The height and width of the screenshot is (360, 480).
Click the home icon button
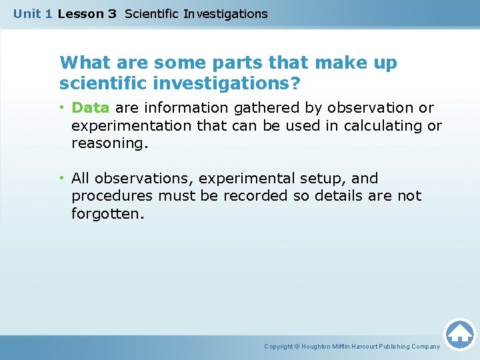(x=459, y=334)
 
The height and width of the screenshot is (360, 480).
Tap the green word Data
(x=91, y=107)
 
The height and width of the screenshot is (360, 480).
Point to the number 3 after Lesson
(x=112, y=13)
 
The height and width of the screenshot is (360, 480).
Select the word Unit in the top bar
(x=27, y=13)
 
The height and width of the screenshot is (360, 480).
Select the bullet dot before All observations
(x=61, y=178)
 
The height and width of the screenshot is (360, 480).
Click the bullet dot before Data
(x=61, y=107)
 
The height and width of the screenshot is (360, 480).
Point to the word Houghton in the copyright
(x=319, y=347)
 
